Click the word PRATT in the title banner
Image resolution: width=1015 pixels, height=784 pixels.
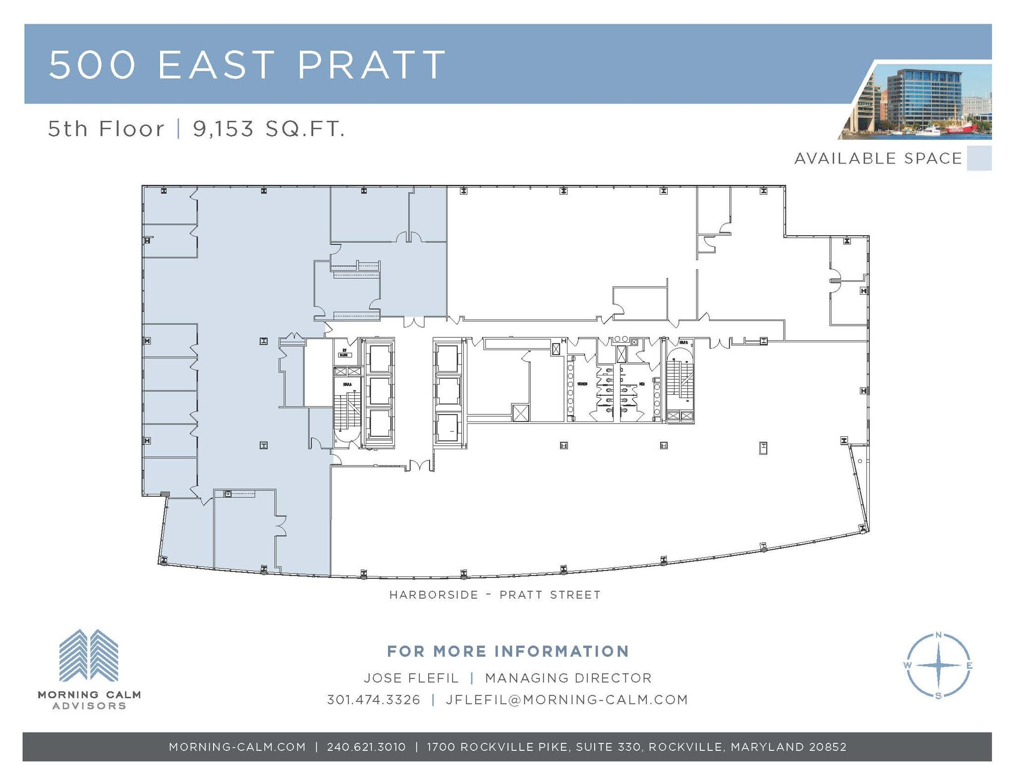pos(372,64)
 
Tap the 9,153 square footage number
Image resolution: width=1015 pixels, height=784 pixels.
pos(223,129)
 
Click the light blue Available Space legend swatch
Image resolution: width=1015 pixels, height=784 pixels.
pos(979,158)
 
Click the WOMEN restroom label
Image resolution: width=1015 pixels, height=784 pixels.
pos(582,384)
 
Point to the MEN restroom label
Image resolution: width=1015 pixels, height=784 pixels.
pos(641,384)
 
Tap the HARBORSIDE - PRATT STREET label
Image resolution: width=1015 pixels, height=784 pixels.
pos(495,594)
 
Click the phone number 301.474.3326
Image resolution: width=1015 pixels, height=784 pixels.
pos(373,699)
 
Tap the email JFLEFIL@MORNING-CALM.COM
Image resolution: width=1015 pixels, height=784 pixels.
pos(566,699)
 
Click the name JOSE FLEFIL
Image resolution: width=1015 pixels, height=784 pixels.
pos(411,678)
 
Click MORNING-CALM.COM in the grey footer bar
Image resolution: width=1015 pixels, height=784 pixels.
pos(237,747)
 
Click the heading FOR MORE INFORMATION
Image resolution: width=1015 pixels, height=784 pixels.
pos(507,651)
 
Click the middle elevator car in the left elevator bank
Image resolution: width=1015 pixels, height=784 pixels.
pos(380,391)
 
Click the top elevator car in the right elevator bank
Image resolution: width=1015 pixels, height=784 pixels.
pos(448,358)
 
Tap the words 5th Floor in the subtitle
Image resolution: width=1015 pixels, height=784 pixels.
pos(106,129)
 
